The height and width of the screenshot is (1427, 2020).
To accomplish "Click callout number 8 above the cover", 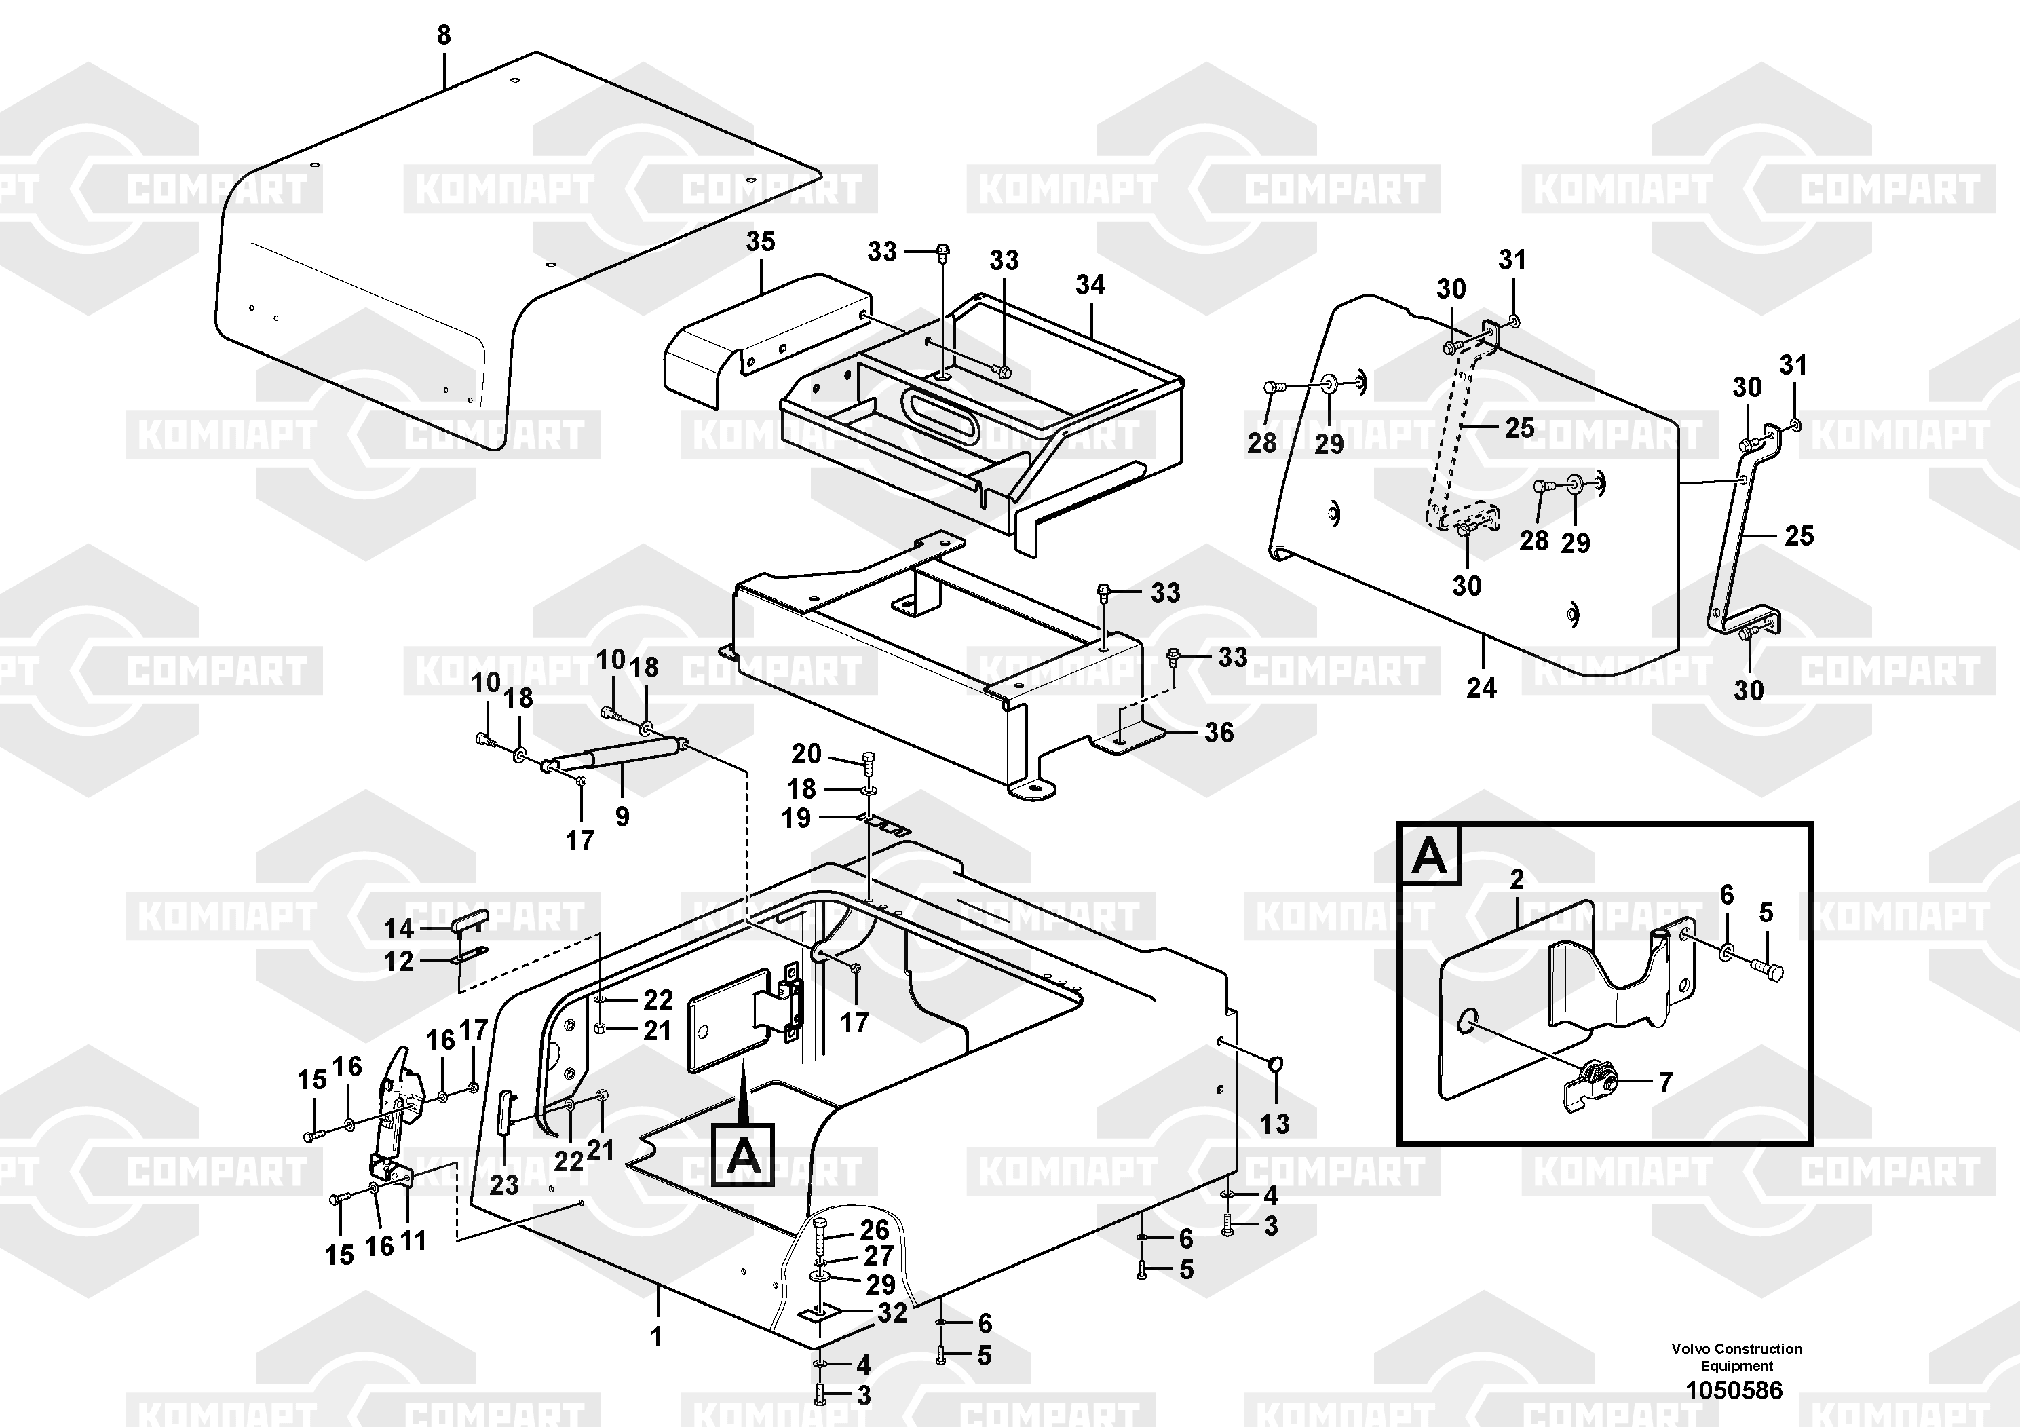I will point(443,36).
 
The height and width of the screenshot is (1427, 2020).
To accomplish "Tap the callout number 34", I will point(1090,285).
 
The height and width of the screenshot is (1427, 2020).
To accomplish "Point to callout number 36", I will point(1219,733).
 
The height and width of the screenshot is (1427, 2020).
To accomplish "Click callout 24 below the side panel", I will point(1481,688).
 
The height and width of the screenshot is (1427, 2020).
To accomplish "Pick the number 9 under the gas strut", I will point(622,817).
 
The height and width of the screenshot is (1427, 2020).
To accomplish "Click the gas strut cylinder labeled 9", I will point(616,755).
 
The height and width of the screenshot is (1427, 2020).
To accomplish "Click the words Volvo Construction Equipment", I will point(1736,1358).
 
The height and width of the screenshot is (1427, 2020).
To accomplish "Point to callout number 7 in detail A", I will point(1664,1083).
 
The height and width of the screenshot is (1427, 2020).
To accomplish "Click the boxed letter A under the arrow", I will point(744,1155).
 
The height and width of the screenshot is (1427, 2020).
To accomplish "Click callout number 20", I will point(806,754).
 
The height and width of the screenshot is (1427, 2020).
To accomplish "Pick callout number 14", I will point(398,929).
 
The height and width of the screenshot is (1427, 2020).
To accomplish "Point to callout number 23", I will point(504,1185).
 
